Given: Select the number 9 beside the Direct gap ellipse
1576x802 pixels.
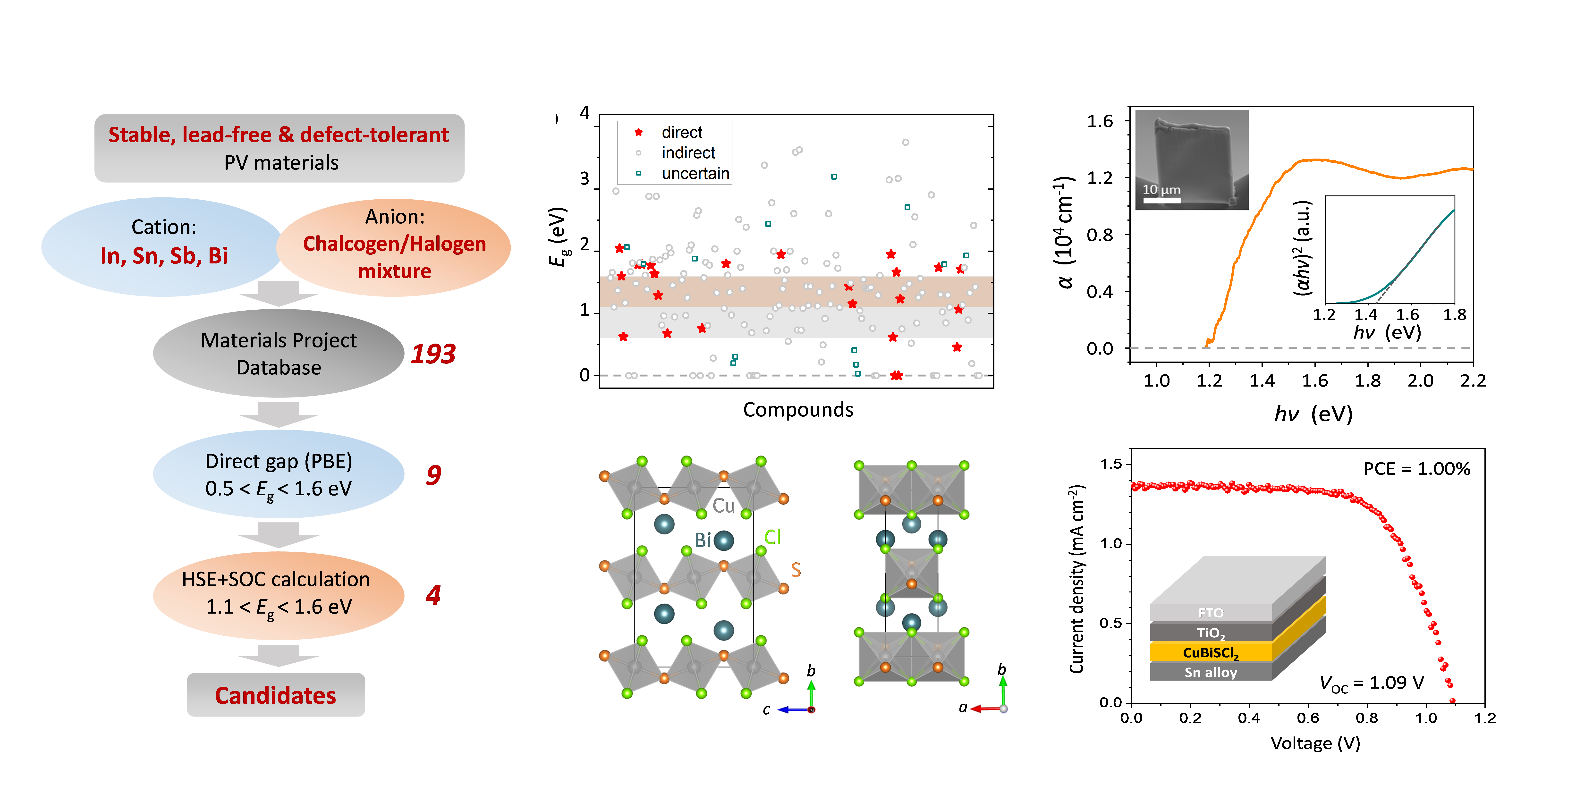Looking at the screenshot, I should pos(433,475).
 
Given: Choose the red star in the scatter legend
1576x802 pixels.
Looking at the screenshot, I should pos(639,132).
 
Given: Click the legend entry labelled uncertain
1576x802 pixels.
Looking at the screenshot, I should pos(695,174).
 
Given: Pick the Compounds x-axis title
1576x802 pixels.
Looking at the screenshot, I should pos(798,409).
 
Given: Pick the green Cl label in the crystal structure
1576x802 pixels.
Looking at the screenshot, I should pos(772,537).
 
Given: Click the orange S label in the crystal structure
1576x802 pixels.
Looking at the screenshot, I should pos(795,570).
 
